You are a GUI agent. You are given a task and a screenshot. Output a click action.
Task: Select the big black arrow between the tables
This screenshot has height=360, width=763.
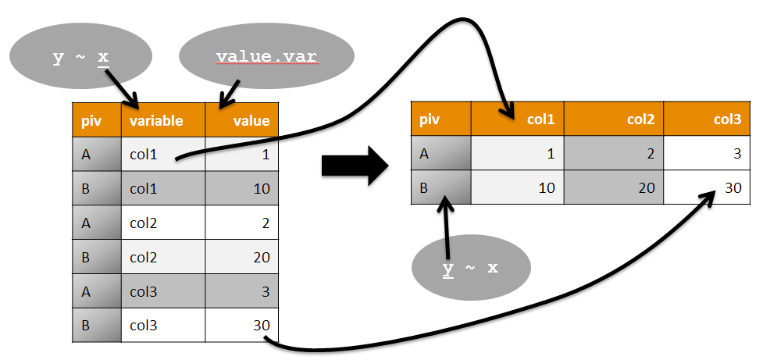coord(355,166)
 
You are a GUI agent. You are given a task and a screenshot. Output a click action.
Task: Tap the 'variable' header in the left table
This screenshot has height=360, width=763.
coord(156,120)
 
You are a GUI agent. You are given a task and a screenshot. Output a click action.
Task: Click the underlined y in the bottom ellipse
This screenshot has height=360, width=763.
coord(447,268)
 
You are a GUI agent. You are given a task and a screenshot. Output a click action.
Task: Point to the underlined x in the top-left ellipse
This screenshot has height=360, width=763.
coord(103,57)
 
